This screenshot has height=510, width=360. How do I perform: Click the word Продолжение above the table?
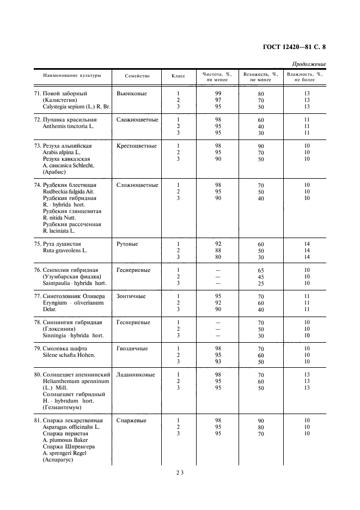point(309,64)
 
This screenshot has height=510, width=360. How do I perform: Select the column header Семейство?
point(137,76)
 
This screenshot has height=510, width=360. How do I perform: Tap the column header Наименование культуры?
point(68,76)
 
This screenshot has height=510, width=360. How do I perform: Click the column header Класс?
point(178,76)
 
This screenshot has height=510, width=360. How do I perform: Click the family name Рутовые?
point(127,244)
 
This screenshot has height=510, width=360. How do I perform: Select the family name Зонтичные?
point(131,296)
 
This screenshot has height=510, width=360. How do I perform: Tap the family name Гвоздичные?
point(132,349)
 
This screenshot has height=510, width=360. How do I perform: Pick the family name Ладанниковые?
point(136,375)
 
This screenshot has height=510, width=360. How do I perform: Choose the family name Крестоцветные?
point(137,146)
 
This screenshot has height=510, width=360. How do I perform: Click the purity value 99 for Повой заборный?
point(218,94)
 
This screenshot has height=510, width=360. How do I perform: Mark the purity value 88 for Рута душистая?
point(218,251)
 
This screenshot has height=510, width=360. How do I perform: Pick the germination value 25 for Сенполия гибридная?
point(261,283)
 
